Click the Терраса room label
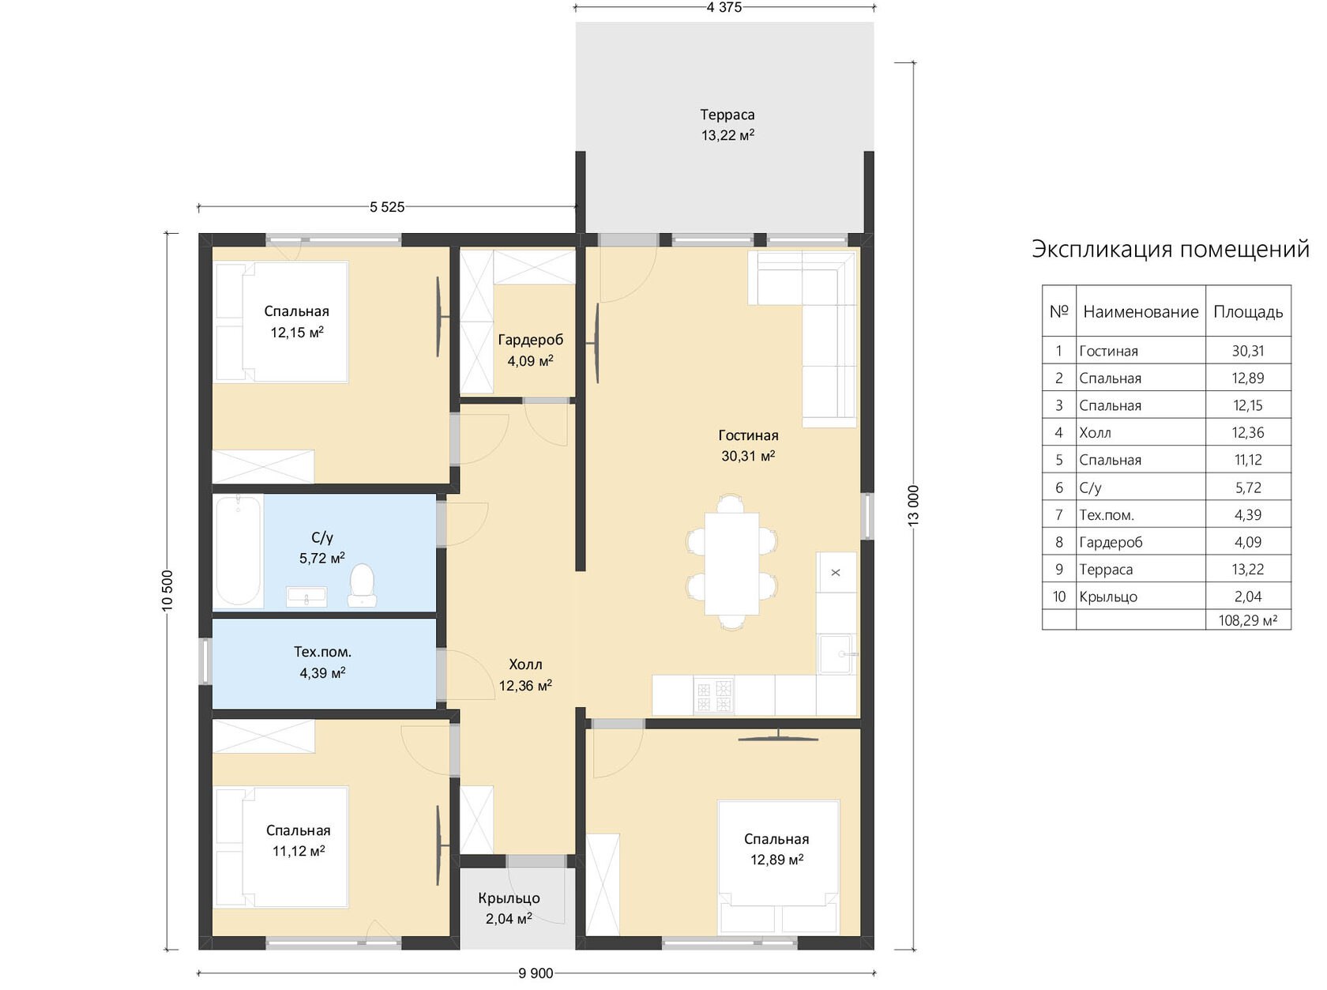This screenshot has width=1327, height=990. [x=727, y=115]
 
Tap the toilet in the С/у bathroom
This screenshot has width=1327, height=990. [x=362, y=585]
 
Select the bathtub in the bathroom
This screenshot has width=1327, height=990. [x=239, y=551]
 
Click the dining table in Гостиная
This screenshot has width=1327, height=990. [x=731, y=563]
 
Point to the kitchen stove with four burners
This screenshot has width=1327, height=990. [x=714, y=695]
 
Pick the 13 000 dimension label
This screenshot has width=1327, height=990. [x=913, y=505]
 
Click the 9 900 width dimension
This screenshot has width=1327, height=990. [x=536, y=973]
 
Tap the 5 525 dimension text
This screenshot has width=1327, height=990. [x=387, y=207]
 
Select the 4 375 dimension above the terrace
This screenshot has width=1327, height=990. [x=724, y=7]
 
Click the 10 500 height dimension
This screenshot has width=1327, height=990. [x=167, y=590]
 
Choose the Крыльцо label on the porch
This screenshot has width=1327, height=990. [x=509, y=898]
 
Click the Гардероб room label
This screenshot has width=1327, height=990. [x=530, y=340]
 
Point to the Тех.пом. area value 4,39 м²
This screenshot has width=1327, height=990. [x=322, y=672]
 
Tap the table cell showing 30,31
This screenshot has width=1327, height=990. [x=1248, y=351]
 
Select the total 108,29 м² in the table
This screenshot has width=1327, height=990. [x=1248, y=620]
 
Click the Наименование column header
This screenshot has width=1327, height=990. [x=1141, y=311]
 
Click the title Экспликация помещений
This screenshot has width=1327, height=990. [x=1171, y=249]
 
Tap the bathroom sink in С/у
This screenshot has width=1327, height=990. [x=306, y=597]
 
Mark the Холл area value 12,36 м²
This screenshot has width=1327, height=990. [x=525, y=685]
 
